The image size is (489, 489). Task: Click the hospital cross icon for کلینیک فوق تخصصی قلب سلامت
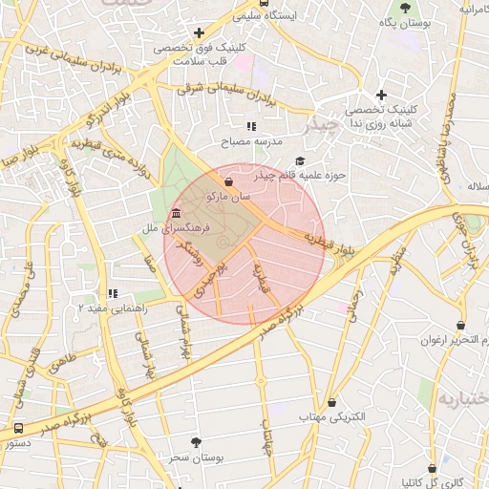tap(199, 33)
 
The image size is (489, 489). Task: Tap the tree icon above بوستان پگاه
tap(406, 8)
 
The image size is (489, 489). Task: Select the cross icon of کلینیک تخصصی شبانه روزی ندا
tap(381, 95)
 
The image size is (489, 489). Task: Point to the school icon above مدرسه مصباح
tap(251, 126)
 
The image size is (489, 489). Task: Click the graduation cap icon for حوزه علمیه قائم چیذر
tap(300, 161)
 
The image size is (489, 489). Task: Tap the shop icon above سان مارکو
tap(228, 181)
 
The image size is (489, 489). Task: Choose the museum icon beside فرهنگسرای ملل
tap(177, 213)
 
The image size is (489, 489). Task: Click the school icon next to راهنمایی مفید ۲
tap(113, 294)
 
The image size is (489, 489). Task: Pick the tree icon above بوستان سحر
tap(197, 442)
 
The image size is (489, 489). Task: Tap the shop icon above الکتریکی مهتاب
tap(332, 403)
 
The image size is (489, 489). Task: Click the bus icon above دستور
tap(19, 428)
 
